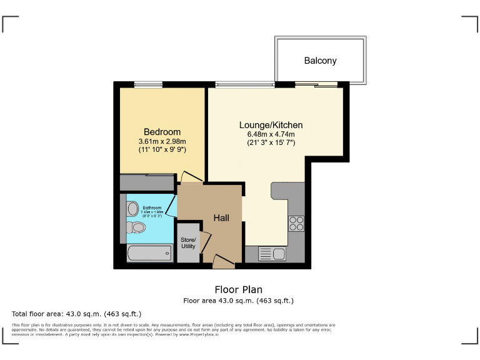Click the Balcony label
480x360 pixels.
tap(320, 61)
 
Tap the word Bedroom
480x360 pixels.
tap(162, 132)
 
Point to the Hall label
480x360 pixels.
tap(221, 218)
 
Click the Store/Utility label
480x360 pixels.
tap(188, 243)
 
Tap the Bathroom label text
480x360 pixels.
tap(152, 207)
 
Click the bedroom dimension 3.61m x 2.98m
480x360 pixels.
tap(162, 142)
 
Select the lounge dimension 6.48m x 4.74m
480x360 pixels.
tap(271, 134)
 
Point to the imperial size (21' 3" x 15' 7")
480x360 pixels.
tap(271, 143)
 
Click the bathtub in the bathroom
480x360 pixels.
tap(149, 253)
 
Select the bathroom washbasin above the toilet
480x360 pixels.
tap(132, 208)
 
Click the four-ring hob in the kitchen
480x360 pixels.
tap(296, 223)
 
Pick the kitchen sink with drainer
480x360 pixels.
tap(272, 254)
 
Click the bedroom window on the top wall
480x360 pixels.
tap(148, 84)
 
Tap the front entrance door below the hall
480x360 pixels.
tap(223, 262)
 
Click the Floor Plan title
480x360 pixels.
tap(238, 289)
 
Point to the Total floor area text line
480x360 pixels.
tap(77, 313)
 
